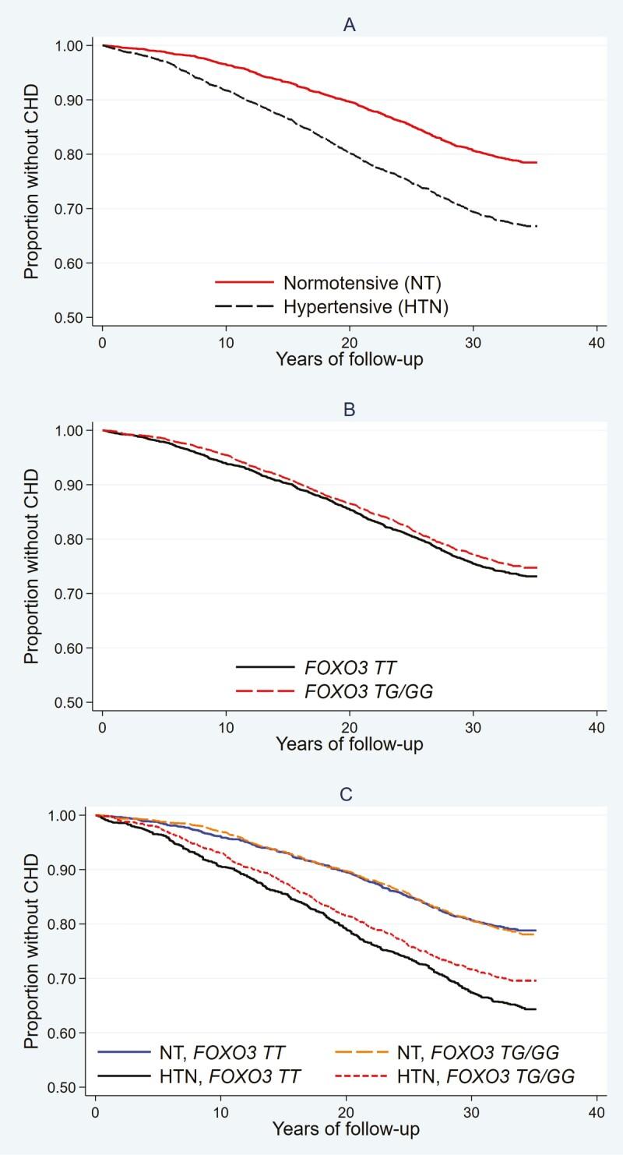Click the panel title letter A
[350, 24]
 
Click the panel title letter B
[350, 408]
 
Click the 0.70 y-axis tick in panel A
[76, 209]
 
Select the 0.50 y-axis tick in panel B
[76, 702]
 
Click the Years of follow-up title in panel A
[350, 360]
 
